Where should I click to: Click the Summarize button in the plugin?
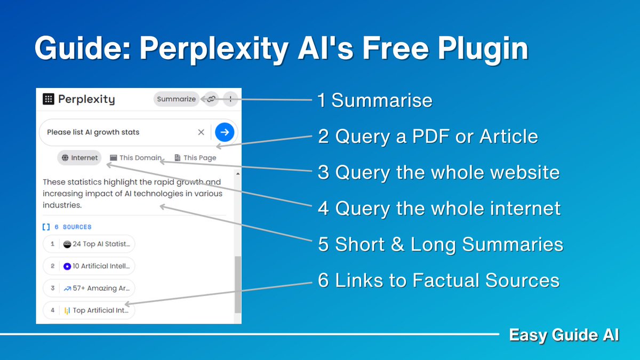click(x=176, y=99)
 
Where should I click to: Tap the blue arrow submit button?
click(x=225, y=132)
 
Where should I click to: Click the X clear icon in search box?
click(x=201, y=132)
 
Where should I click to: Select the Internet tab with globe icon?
click(x=79, y=157)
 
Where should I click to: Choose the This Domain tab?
click(x=135, y=157)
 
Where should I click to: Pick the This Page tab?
click(x=195, y=157)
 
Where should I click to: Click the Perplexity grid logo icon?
click(x=49, y=99)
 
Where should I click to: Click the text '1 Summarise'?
click(x=374, y=100)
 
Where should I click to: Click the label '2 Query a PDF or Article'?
click(x=428, y=137)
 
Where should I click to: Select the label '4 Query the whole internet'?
click(x=439, y=208)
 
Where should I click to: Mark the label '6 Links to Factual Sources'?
click(x=438, y=280)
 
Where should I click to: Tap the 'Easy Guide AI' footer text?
click(x=564, y=335)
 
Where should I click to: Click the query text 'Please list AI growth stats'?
click(x=93, y=132)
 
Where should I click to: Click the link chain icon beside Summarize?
click(x=211, y=99)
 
